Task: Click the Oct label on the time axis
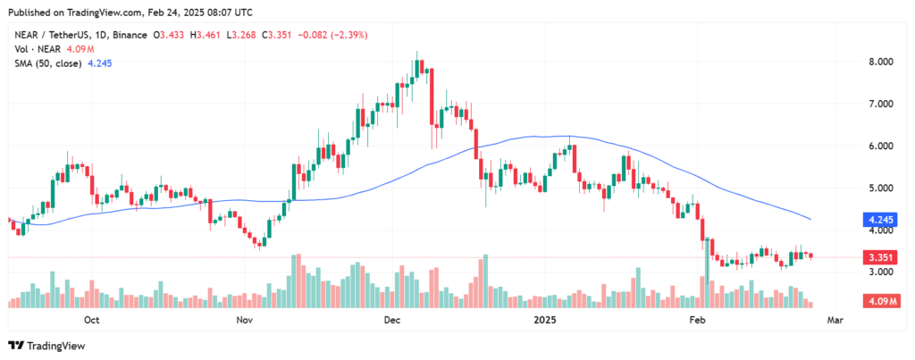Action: [x=91, y=318]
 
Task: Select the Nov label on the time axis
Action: [x=243, y=318]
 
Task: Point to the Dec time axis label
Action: [x=390, y=318]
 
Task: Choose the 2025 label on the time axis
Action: [x=545, y=318]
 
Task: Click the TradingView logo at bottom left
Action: [x=44, y=346]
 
